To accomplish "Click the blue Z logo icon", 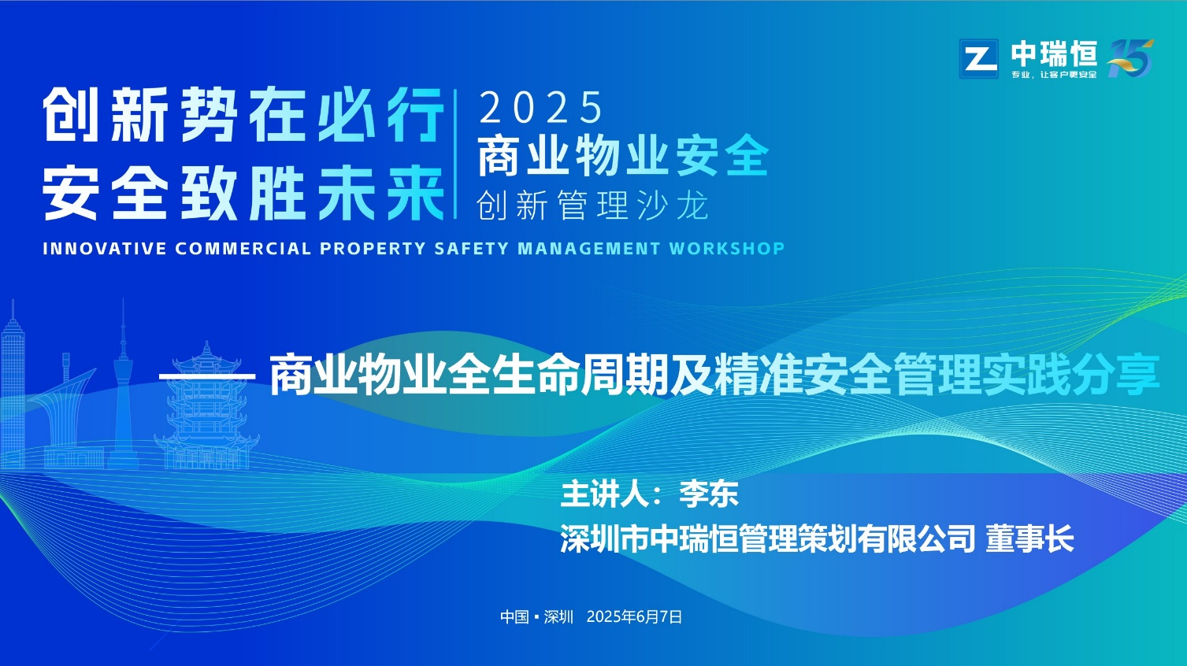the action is tap(978, 58).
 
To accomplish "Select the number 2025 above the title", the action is tap(540, 107).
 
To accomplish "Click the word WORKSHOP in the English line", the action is tap(727, 249).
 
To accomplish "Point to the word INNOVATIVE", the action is tap(105, 249).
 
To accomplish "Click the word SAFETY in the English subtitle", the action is tap(472, 249).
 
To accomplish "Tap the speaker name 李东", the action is tap(708, 494).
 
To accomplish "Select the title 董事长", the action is tap(1029, 538).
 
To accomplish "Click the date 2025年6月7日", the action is tap(634, 616).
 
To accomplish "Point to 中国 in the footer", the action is tap(514, 616).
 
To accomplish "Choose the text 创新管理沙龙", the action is tap(592, 205).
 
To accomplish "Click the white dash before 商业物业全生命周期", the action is tap(208, 376).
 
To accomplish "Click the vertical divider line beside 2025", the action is tap(455, 154).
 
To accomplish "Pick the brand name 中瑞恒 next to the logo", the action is tap(1053, 54).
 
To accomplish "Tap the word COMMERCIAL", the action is tap(243, 249).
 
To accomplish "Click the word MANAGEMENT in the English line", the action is tap(588, 249).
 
